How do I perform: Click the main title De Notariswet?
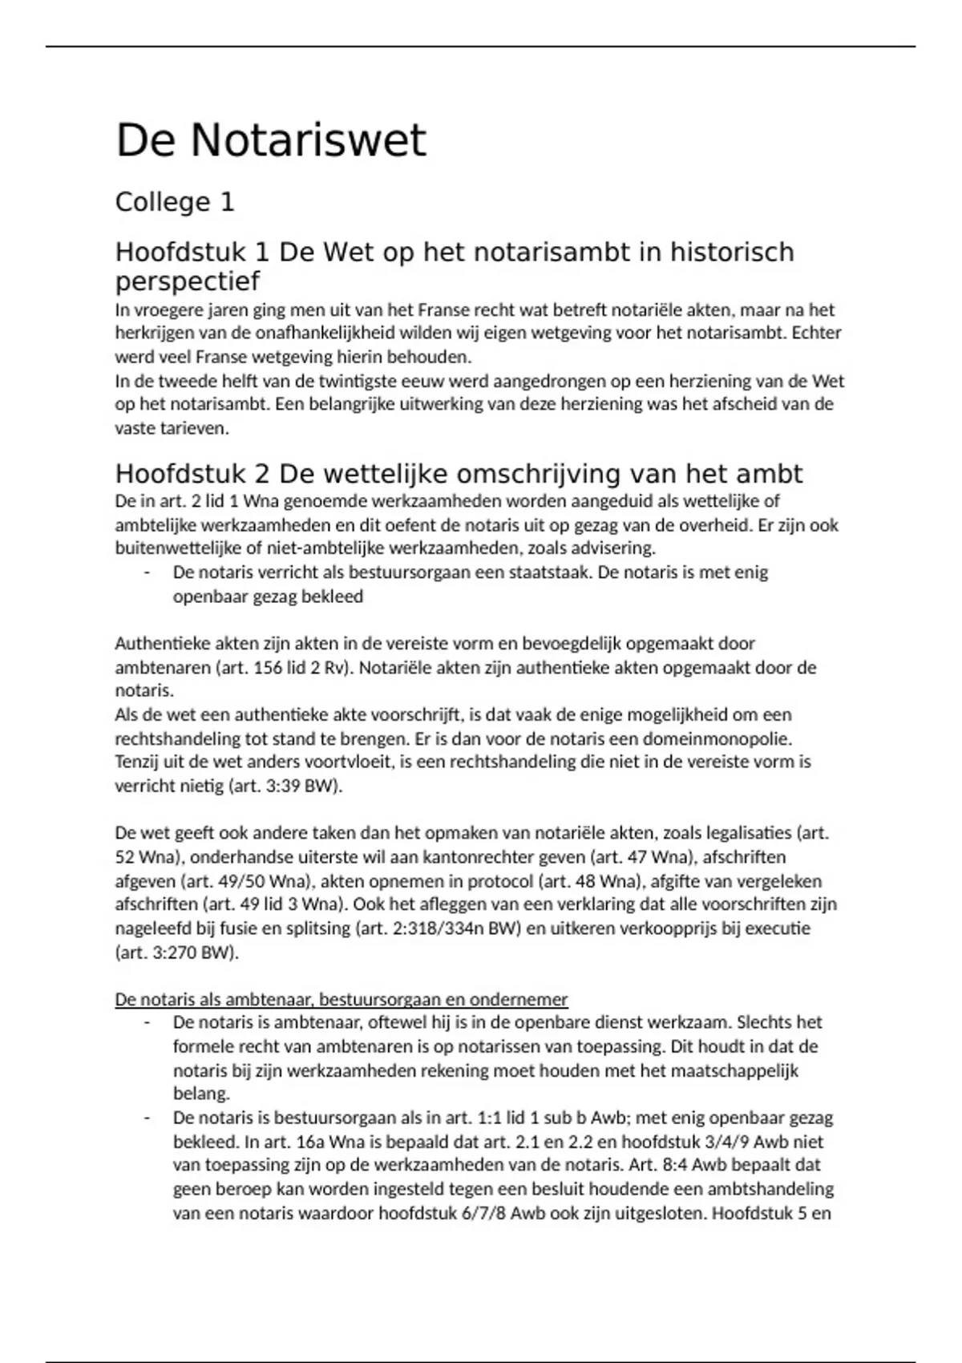click(271, 141)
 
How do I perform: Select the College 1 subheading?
click(175, 202)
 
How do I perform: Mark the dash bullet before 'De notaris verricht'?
click(147, 572)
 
